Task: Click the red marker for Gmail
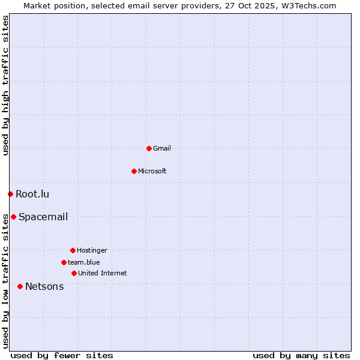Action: tap(149, 148)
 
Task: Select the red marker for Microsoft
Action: tap(134, 171)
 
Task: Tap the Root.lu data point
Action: tap(10, 194)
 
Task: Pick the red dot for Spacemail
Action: tap(13, 217)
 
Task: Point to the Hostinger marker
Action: tap(73, 250)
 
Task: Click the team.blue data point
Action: tap(64, 262)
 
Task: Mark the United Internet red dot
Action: tap(74, 273)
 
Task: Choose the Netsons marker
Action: tap(20, 286)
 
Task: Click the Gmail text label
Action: tap(162, 148)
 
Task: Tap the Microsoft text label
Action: tap(152, 171)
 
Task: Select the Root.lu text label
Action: tap(32, 194)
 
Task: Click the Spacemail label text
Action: tap(43, 217)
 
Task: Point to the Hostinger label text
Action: tap(92, 250)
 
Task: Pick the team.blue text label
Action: tap(84, 262)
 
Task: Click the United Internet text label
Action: tap(103, 273)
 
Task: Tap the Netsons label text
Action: tap(44, 286)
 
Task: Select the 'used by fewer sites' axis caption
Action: tap(62, 355)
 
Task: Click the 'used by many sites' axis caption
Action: tap(301, 355)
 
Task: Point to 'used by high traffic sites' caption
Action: tap(5, 85)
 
